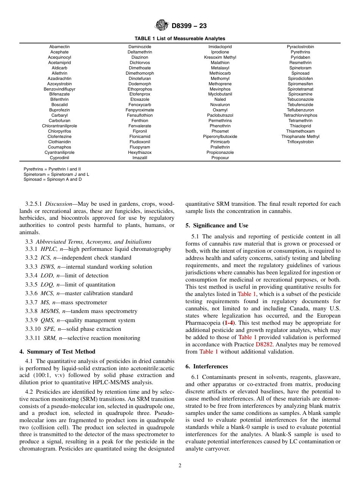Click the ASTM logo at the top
[162, 25]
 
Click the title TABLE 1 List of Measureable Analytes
[180, 39]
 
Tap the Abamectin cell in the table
[59, 47]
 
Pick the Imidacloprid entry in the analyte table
[220, 47]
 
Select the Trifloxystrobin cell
[300, 142]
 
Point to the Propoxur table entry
[220, 158]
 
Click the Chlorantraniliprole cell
[59, 126]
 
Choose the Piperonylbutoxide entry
[220, 137]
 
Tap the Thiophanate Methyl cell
[300, 137]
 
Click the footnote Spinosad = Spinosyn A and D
[53, 180]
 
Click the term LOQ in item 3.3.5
[47, 285]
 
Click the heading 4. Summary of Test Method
[57, 352]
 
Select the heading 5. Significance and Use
[217, 225]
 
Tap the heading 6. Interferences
[207, 366]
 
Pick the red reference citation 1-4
[229, 323]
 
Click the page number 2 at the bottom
[180, 466]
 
